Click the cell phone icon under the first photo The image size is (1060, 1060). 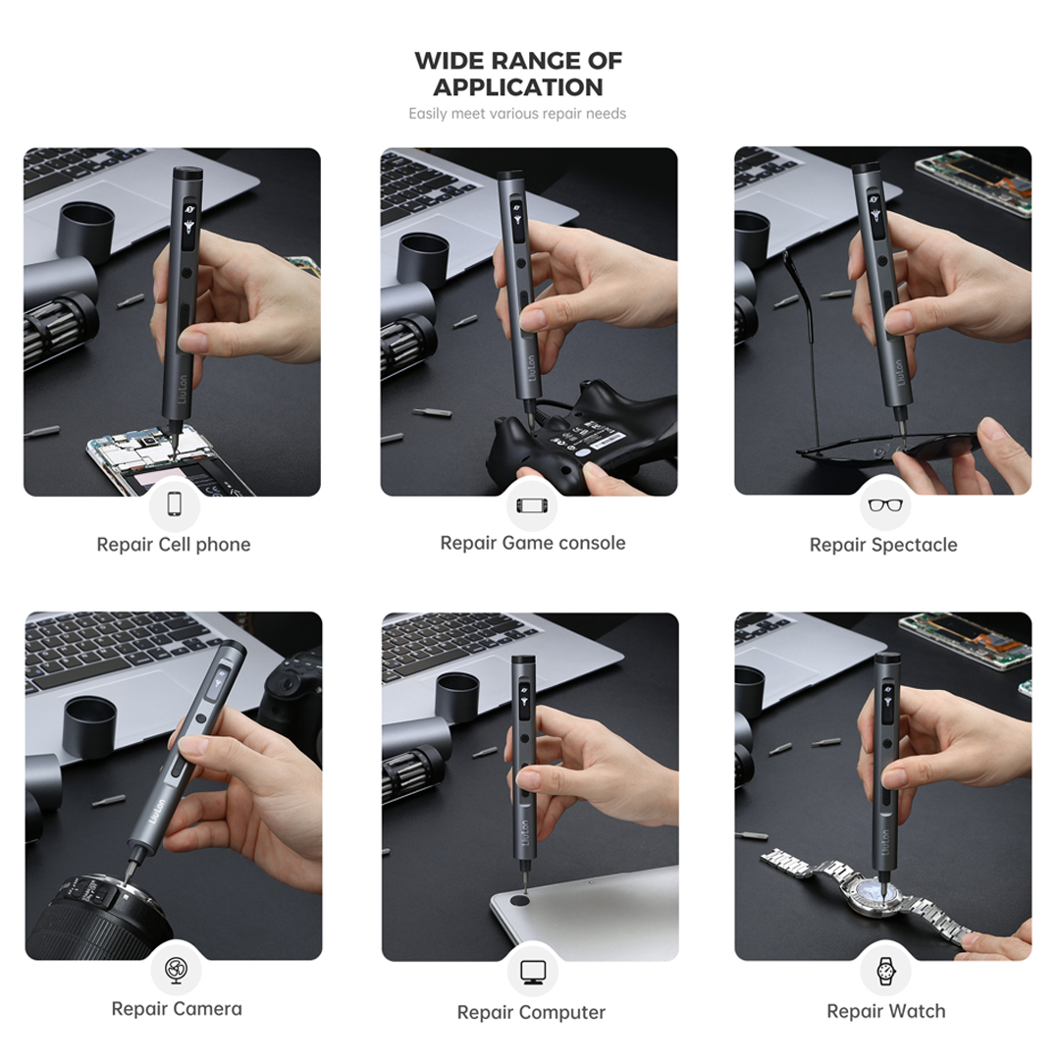(175, 503)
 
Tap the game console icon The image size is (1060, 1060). (533, 505)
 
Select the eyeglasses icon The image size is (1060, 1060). (885, 505)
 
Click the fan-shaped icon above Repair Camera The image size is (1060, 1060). (177, 970)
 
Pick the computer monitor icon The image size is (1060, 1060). (533, 972)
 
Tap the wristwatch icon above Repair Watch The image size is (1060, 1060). (885, 971)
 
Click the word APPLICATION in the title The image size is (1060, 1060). (518, 87)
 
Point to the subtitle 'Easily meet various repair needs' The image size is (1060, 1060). (517, 114)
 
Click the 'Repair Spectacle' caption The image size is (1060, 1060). (883, 545)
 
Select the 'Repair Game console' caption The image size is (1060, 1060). (533, 543)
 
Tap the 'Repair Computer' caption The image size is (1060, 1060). (531, 1013)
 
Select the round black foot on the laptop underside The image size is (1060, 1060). (520, 900)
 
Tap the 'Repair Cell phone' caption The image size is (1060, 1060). (174, 545)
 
